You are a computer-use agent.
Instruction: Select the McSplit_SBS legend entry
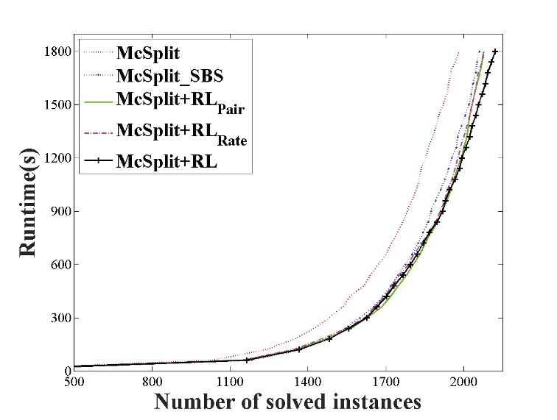168,76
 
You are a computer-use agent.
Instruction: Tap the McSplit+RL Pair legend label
180,102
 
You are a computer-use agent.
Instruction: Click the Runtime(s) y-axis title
27,212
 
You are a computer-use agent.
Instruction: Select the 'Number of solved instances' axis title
288,402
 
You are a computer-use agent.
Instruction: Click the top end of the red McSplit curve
458,52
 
